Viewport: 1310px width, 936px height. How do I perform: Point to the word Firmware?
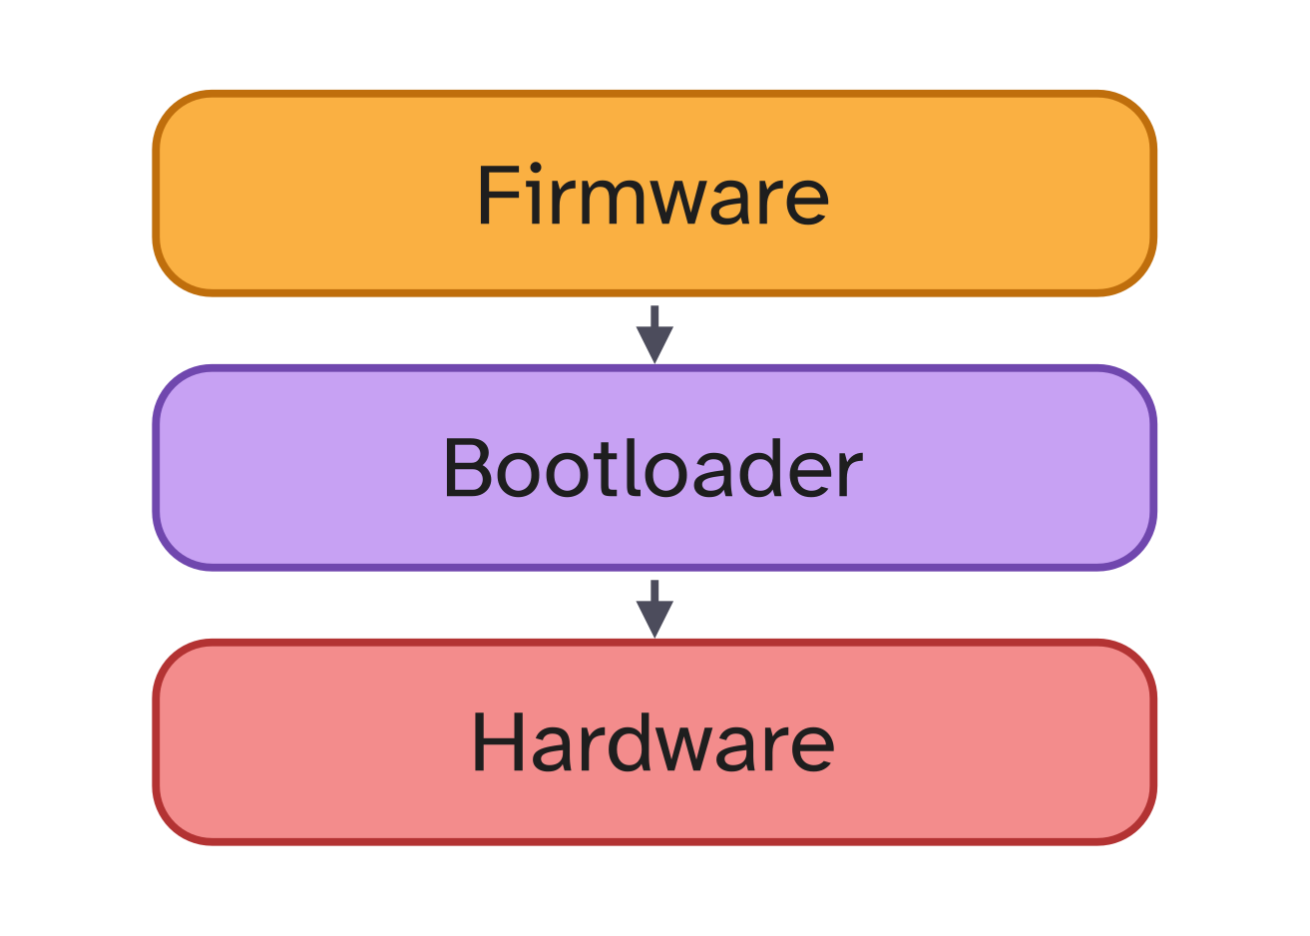(654, 195)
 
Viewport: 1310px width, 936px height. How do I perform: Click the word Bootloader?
(654, 468)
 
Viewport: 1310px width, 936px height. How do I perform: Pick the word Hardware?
(654, 742)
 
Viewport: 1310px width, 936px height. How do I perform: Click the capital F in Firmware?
(498, 195)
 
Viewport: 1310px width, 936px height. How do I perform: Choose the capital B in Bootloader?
(467, 468)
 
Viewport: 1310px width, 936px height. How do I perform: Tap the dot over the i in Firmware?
(536, 167)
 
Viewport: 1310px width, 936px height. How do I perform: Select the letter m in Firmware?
(614, 202)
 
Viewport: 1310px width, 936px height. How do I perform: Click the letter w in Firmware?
(679, 203)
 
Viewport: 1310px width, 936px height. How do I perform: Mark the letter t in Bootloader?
(606, 470)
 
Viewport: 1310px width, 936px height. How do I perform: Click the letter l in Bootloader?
(632, 467)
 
